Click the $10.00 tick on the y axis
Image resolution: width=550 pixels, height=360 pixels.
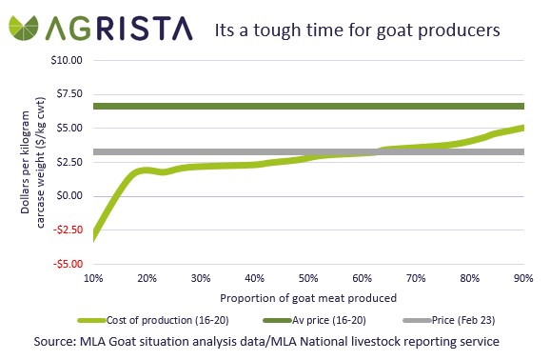(x=67, y=59)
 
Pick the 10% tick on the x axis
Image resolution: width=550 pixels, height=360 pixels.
(x=93, y=278)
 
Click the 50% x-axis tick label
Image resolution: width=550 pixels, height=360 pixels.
(x=308, y=278)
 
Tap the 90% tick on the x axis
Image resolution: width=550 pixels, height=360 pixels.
(x=522, y=278)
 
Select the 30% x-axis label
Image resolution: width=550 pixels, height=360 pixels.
(x=201, y=278)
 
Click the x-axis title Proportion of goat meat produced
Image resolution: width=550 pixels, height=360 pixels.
(x=307, y=297)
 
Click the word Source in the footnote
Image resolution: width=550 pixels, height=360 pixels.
(x=59, y=340)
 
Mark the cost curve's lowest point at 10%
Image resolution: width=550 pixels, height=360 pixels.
(x=94, y=235)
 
